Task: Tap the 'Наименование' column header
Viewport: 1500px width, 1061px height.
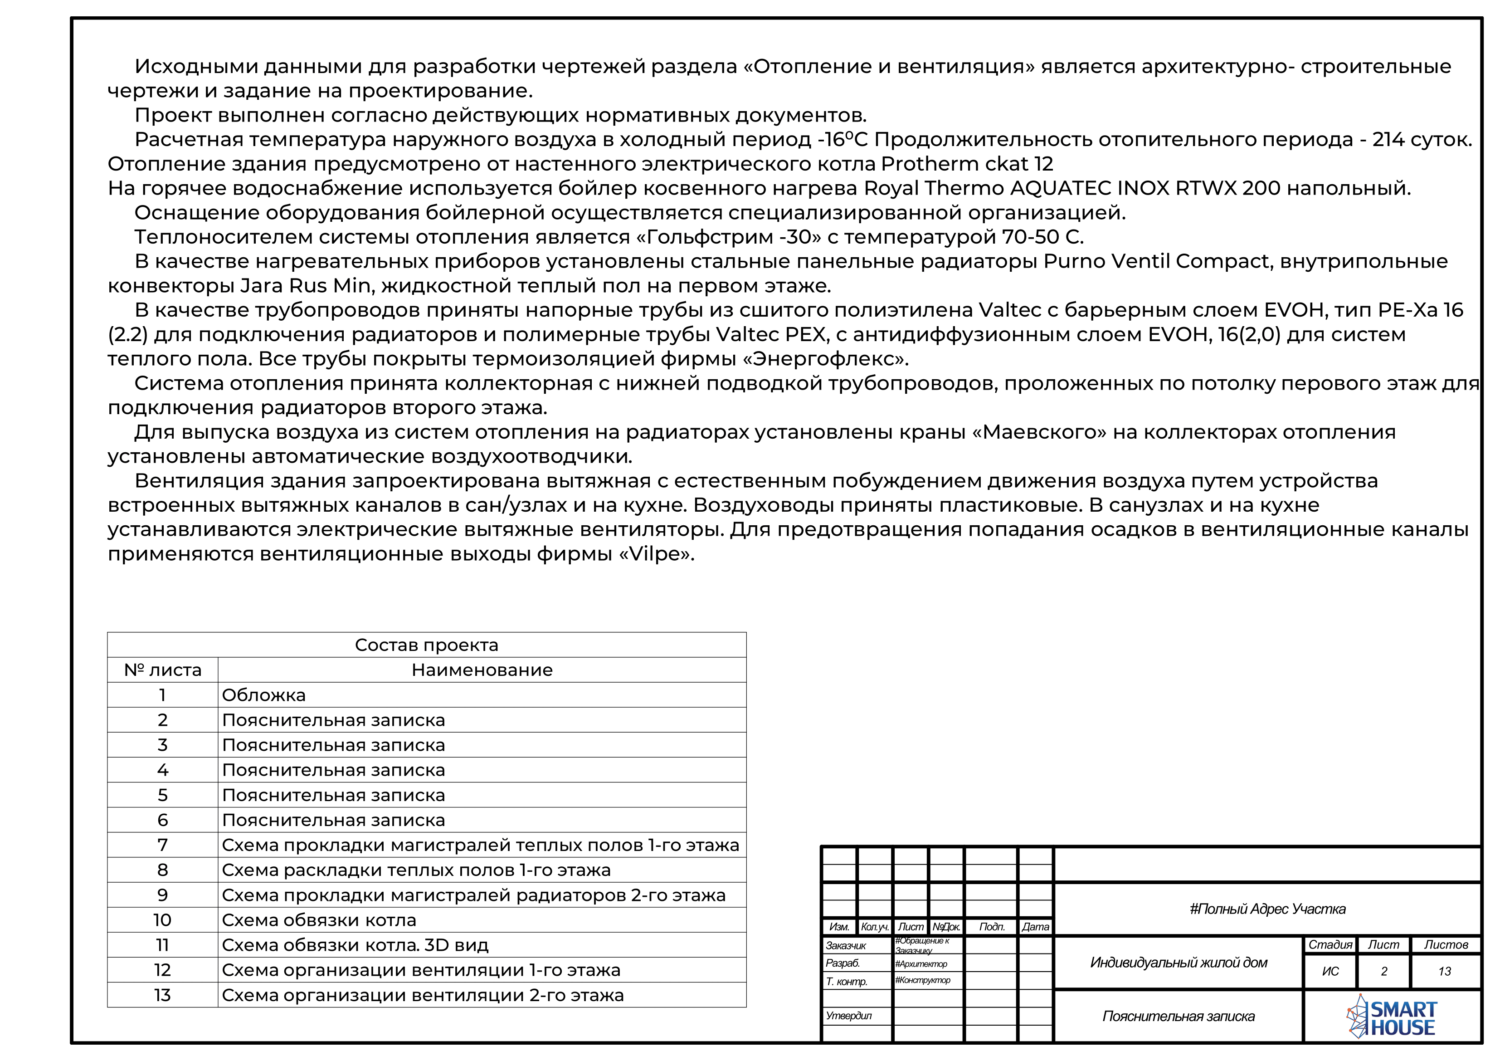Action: click(x=482, y=670)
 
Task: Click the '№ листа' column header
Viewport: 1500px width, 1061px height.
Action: click(x=163, y=670)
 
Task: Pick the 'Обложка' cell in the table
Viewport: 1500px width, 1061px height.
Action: click(x=264, y=695)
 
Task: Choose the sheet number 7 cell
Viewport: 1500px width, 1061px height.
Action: click(x=163, y=845)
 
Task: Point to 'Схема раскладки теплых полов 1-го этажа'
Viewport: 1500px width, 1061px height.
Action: click(x=416, y=870)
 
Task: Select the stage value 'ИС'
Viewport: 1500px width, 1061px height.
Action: click(x=1330, y=972)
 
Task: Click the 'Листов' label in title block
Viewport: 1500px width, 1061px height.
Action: click(x=1446, y=944)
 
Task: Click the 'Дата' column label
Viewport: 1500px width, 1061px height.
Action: click(x=1036, y=927)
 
